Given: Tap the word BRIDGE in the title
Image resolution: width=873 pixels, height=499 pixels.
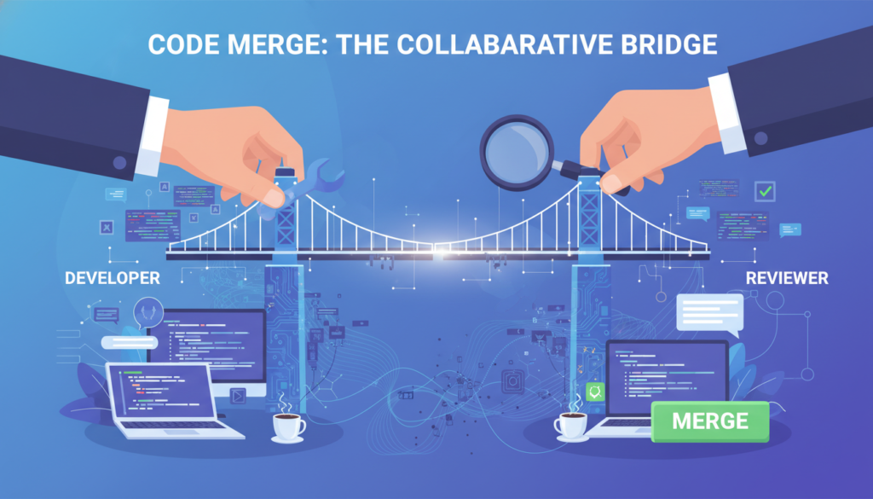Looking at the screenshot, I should tap(672, 45).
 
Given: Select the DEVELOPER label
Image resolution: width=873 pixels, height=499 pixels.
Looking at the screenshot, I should tap(111, 278).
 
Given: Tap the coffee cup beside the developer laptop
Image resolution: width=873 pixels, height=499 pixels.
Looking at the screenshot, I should tap(288, 425).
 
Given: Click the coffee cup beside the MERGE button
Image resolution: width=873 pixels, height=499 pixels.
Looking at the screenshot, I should tap(569, 423).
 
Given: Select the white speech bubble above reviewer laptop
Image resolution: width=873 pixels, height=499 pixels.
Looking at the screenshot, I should tap(708, 312).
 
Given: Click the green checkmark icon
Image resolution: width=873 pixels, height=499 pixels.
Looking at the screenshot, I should tap(765, 190).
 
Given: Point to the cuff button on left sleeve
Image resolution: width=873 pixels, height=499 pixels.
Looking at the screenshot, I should tap(119, 162).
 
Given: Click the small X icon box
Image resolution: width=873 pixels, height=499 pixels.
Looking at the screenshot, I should tap(107, 227).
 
